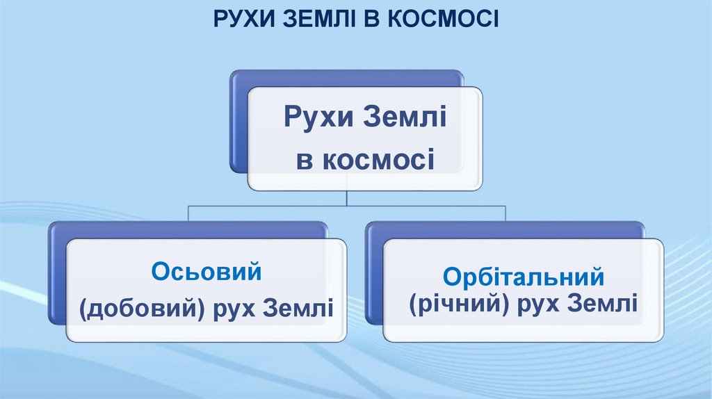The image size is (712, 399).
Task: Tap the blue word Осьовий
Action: click(207, 271)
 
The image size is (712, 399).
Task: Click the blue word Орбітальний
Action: click(523, 277)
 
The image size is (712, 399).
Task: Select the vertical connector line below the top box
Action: click(347, 197)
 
